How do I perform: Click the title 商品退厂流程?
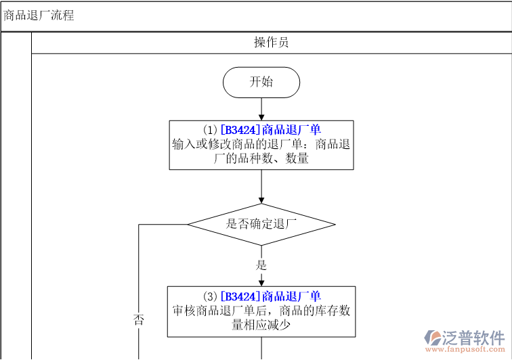click(x=39, y=16)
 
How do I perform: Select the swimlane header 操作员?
click(x=271, y=43)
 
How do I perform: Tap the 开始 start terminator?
click(x=261, y=82)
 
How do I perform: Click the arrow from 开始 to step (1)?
click(x=261, y=108)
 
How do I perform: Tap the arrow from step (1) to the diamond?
click(x=261, y=185)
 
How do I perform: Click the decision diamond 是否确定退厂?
click(x=261, y=224)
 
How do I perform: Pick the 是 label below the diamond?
click(x=261, y=265)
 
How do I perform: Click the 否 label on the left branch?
click(x=139, y=320)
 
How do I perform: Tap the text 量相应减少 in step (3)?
click(x=261, y=324)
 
